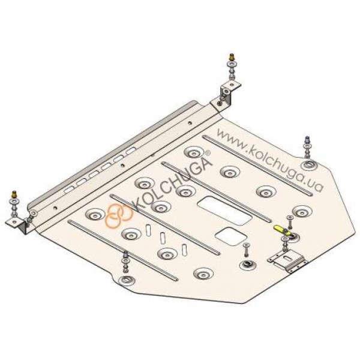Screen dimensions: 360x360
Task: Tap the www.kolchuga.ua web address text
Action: tap(270, 160)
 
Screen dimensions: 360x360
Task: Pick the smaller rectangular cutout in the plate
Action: tap(231, 236)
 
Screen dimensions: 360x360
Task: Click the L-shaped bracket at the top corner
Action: tap(226, 95)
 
